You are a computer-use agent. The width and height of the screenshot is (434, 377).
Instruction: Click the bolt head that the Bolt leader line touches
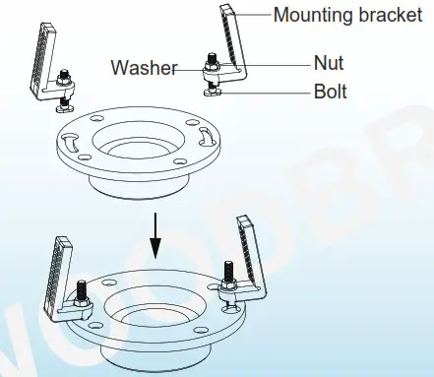pos(216,91)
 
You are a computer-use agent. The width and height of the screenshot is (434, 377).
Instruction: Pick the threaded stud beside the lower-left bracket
pos(80,293)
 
